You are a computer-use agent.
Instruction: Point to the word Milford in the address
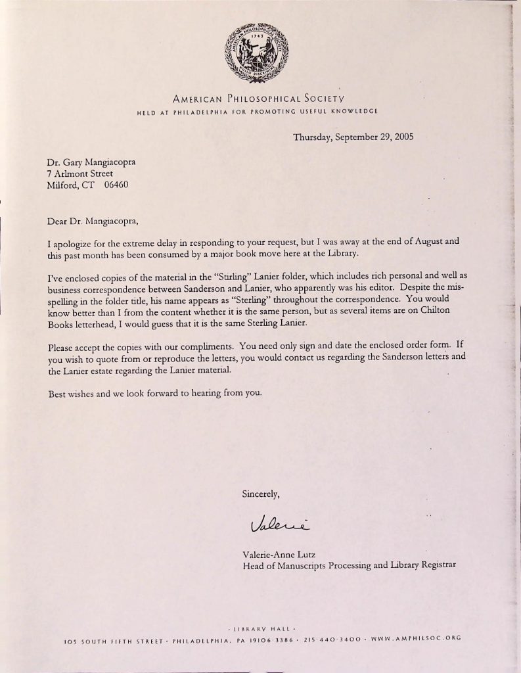(x=62, y=185)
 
